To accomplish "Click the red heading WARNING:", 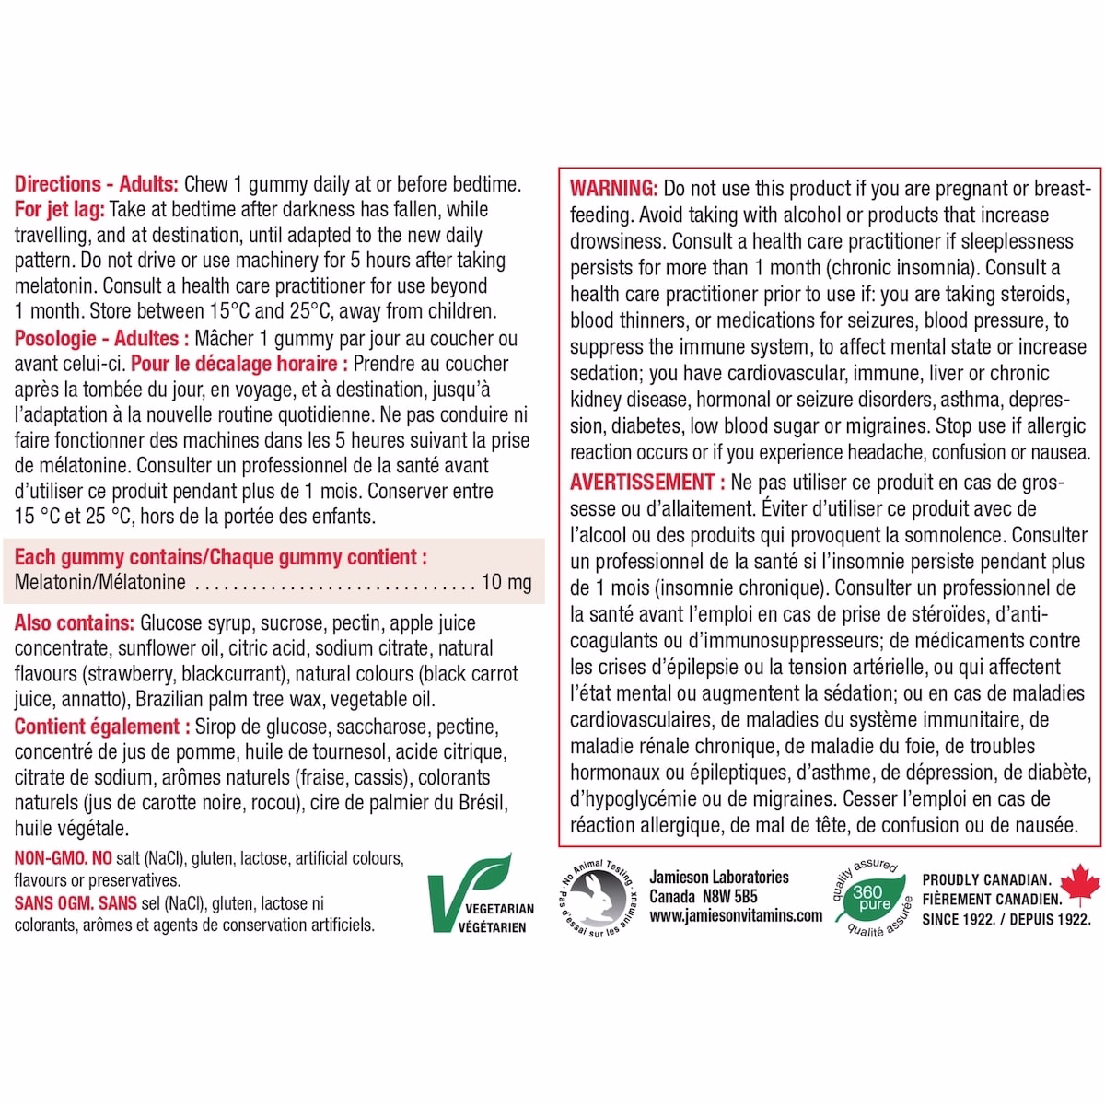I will click(x=613, y=189).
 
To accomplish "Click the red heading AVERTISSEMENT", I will click(x=642, y=482).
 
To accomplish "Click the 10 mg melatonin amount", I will click(x=506, y=582).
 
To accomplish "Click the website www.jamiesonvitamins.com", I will click(x=735, y=915).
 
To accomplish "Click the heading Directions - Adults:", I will click(x=98, y=184).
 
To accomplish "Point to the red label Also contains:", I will click(x=75, y=623).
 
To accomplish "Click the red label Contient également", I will click(x=97, y=727).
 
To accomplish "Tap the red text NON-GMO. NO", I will click(x=63, y=859).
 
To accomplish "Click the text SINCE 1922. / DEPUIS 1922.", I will click(x=1006, y=918).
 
